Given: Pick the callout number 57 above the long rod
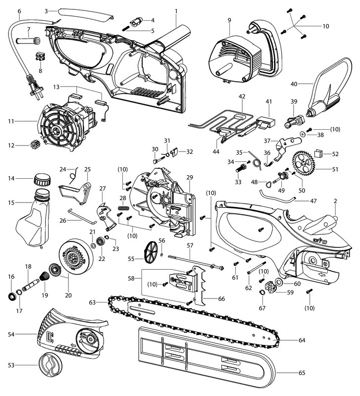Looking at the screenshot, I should [190, 245].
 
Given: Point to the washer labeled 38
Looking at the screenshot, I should [302, 135].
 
